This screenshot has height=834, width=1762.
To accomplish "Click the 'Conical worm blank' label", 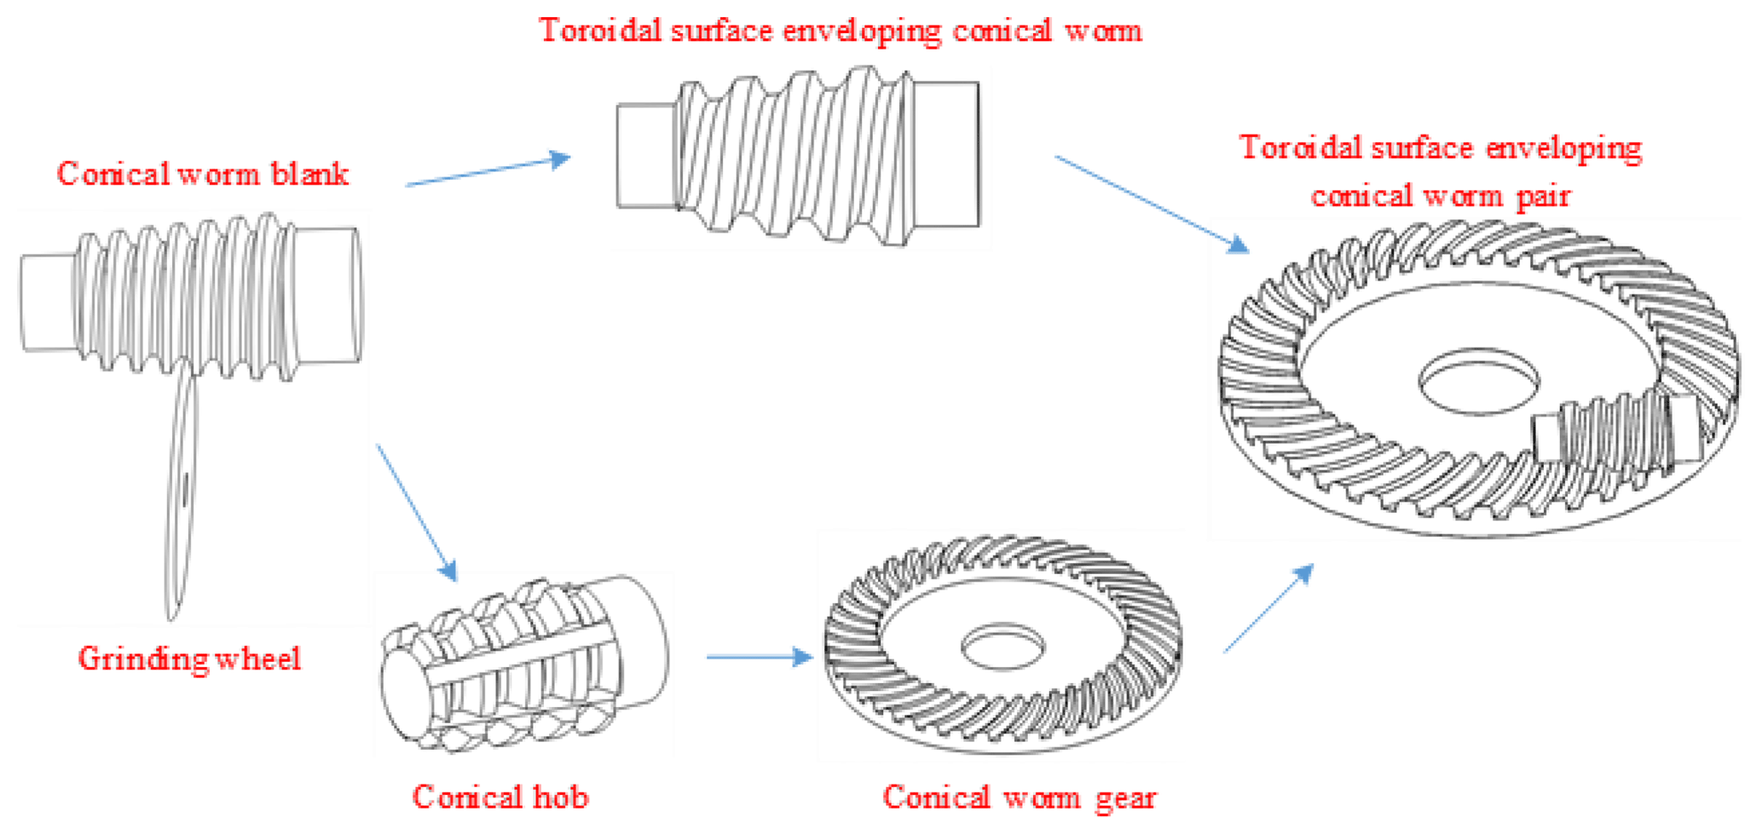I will coord(202,175).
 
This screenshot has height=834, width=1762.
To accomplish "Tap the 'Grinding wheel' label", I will coord(189,659).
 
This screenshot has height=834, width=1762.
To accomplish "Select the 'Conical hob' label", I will coord(500,797).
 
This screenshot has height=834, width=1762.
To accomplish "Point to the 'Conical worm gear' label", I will coord(1020,797).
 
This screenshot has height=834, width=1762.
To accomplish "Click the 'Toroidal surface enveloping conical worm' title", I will coord(840,32).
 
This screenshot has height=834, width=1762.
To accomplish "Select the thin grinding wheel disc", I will coord(181,494).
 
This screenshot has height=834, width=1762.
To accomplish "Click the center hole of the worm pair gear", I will coord(1478,381).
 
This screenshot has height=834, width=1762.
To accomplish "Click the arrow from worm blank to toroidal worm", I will coord(488,170).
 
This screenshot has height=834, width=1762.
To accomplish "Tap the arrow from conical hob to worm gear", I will coord(759,657).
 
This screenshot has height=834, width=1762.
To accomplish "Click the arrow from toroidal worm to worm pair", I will coord(1151,204).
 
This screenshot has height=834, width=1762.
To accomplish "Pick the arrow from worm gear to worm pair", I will coord(1268,608).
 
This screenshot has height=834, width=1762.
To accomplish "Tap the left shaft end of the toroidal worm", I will coord(646,155).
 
